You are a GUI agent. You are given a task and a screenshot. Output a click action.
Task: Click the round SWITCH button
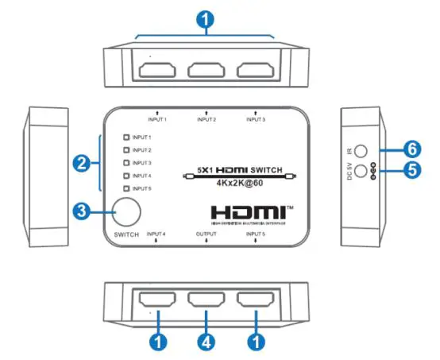(127, 212)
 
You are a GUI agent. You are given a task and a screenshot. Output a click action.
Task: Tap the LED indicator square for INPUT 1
(125, 137)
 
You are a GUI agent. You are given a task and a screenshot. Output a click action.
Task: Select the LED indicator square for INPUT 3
(125, 163)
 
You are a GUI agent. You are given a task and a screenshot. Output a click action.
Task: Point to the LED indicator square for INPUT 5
(125, 188)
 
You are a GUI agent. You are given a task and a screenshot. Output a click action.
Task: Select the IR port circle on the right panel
(361, 149)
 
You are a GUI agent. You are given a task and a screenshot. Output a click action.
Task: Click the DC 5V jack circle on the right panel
(361, 171)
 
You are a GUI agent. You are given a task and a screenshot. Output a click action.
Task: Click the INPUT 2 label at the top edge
(206, 120)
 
